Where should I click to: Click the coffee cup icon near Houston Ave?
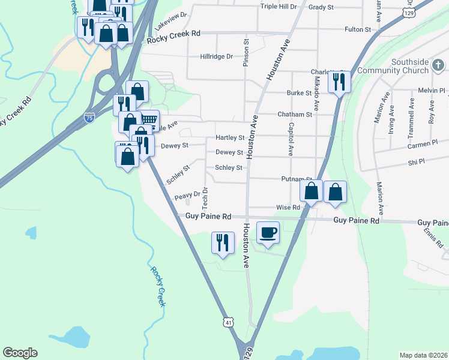268,232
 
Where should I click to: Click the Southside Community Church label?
411,66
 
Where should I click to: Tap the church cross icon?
438,65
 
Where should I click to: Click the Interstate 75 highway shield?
89,118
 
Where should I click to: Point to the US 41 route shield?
228,322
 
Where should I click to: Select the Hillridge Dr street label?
216,56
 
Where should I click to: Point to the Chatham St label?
295,114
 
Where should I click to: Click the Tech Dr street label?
205,193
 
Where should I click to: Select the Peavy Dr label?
187,196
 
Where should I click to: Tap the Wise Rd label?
288,208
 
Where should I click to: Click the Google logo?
20,353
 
